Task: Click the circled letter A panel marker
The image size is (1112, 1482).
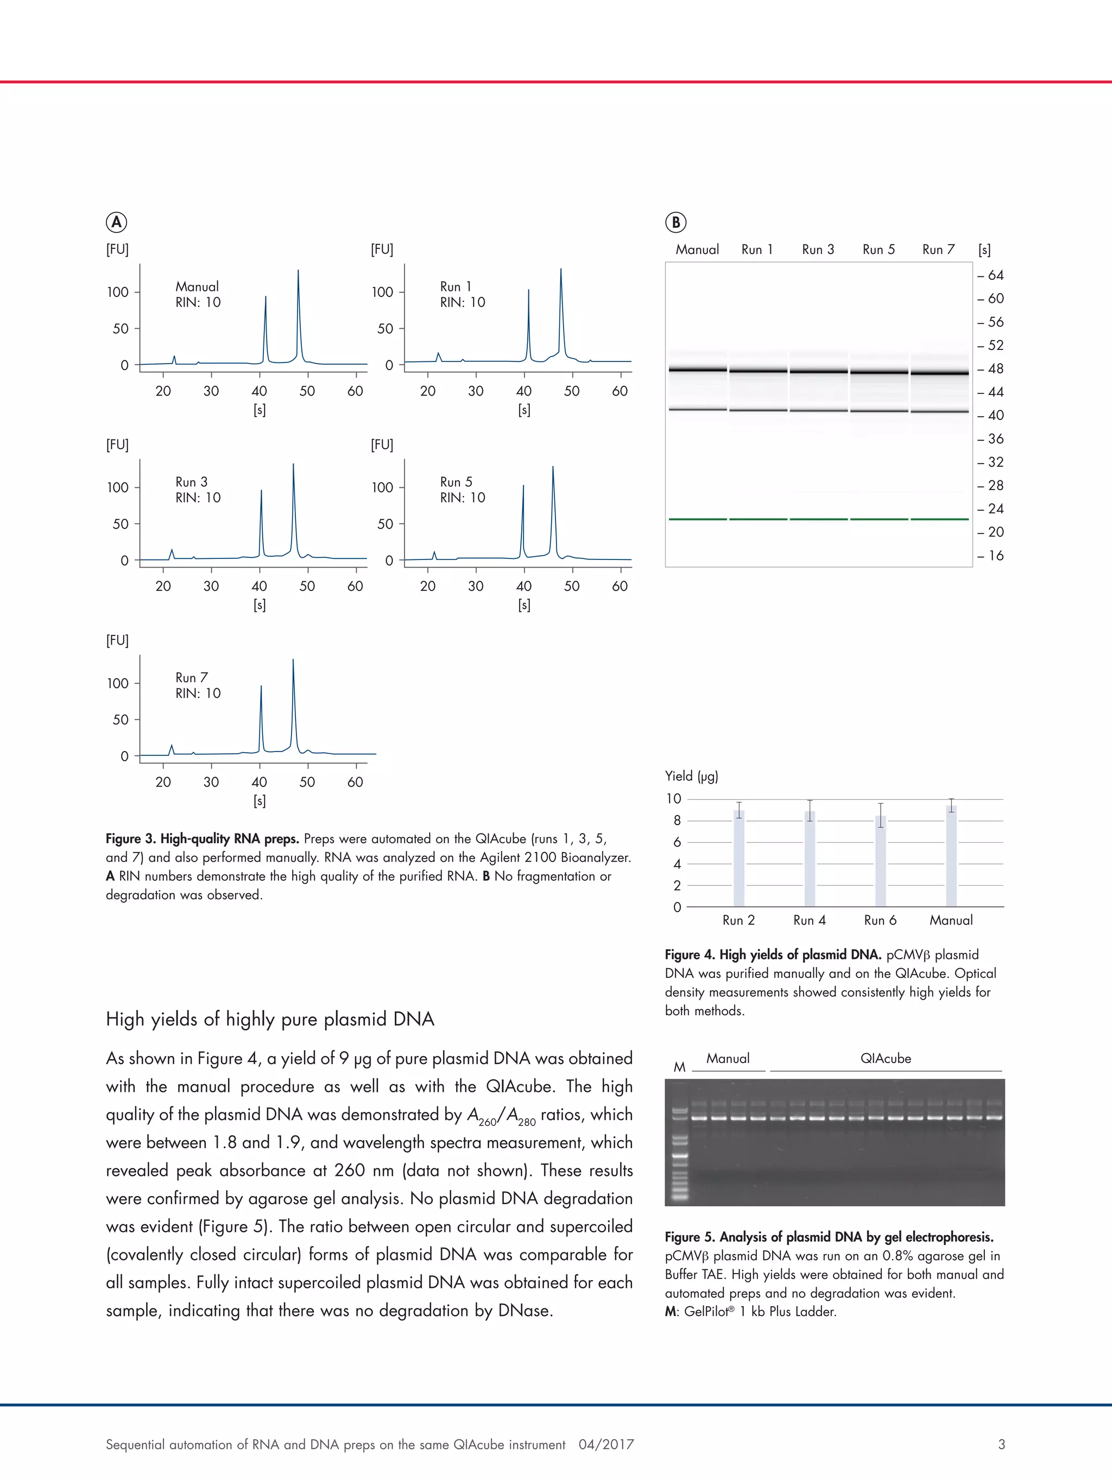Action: tap(117, 222)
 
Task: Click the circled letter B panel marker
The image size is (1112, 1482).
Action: tap(675, 222)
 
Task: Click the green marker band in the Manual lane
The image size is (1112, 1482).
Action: tap(697, 519)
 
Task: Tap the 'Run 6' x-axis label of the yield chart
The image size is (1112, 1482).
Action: tap(880, 920)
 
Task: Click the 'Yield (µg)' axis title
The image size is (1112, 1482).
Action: tap(691, 776)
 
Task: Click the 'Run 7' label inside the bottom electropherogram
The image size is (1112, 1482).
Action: tap(192, 677)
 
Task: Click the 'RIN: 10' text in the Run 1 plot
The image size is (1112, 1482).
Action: tap(463, 302)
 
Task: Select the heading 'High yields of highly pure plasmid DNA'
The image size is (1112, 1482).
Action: tap(270, 1019)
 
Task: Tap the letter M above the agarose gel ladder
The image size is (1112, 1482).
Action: tap(679, 1067)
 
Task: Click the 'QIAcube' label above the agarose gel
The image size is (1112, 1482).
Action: tap(886, 1059)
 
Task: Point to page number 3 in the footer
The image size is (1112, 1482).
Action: tap(1001, 1444)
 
